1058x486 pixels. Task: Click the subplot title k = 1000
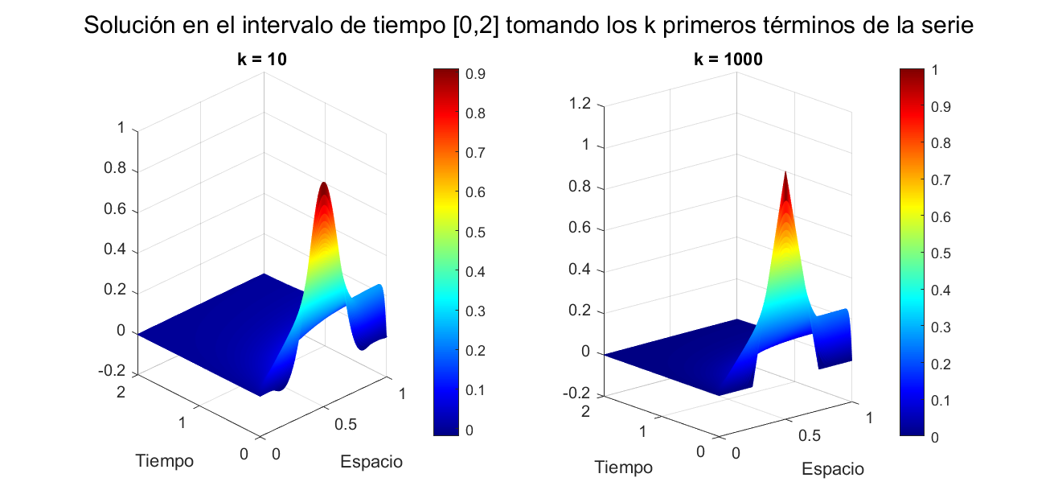click(728, 59)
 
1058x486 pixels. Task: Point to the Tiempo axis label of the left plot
click(165, 461)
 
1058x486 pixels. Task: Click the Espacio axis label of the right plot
click(833, 469)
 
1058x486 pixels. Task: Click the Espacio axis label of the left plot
click(371, 462)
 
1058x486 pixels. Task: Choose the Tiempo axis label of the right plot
click(624, 467)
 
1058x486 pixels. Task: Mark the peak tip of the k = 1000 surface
click(785, 172)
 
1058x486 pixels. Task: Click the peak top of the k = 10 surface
click(324, 183)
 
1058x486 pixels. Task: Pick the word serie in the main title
click(947, 26)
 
